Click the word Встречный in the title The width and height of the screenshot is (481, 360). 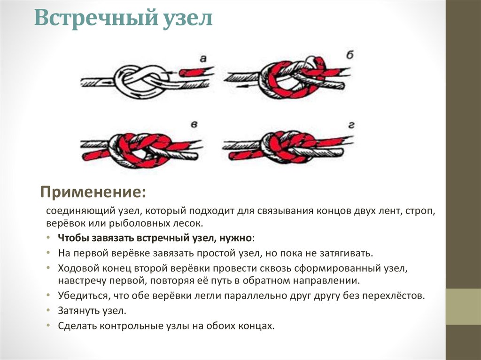coord(95,18)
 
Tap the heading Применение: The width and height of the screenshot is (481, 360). coord(93,192)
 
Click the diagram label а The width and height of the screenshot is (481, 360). coord(203,58)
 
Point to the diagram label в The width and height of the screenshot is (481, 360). coord(194,124)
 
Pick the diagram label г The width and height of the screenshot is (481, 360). coord(351,125)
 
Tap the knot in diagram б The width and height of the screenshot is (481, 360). coord(291,78)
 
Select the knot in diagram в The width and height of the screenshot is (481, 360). coord(140,151)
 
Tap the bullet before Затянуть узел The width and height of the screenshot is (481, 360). coord(48,310)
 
